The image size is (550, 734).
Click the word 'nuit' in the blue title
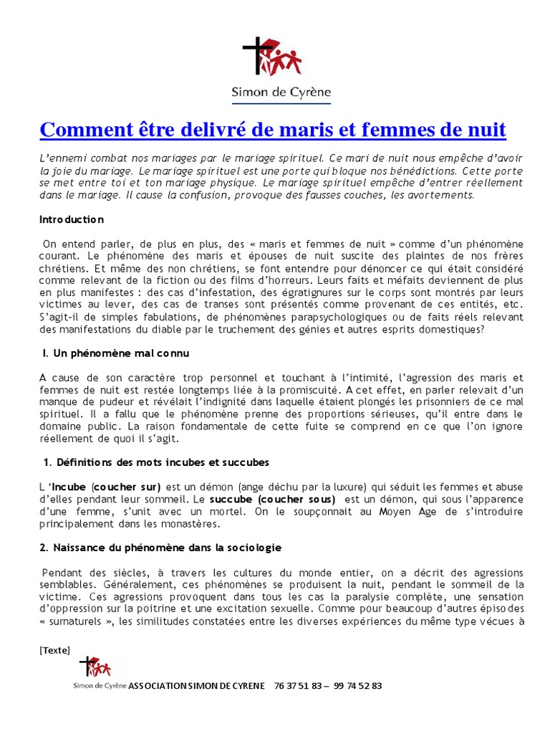pos(485,130)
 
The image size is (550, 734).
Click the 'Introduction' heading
pos(72,219)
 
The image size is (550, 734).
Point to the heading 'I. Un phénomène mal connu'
pos(115,353)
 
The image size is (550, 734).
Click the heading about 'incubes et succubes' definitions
pos(155,462)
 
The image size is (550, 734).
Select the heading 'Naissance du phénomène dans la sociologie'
pos(161,548)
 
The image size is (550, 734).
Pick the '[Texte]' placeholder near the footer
pos(55,650)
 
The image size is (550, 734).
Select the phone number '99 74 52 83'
pos(358,685)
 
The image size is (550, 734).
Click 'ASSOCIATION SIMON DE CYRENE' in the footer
pos(196,685)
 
